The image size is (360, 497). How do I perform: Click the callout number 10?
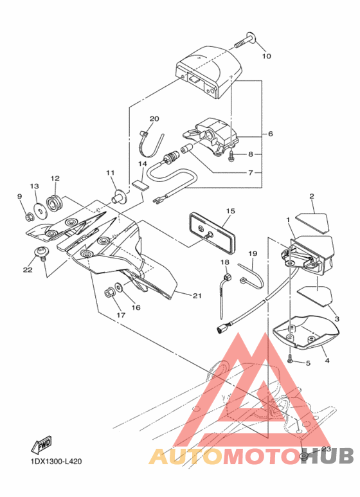pyautogui.click(x=266, y=56)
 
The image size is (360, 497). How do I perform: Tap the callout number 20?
pyautogui.click(x=154, y=119)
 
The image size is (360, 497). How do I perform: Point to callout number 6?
pyautogui.click(x=269, y=134)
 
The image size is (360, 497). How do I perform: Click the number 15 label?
pyautogui.click(x=230, y=210)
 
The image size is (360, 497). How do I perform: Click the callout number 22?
pyautogui.click(x=27, y=270)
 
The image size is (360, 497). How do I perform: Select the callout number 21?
pyautogui.click(x=196, y=296)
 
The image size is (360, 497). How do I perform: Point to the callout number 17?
pyautogui.click(x=120, y=315)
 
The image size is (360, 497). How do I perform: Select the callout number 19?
pyautogui.click(x=253, y=254)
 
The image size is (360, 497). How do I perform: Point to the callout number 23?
pyautogui.click(x=326, y=449)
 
